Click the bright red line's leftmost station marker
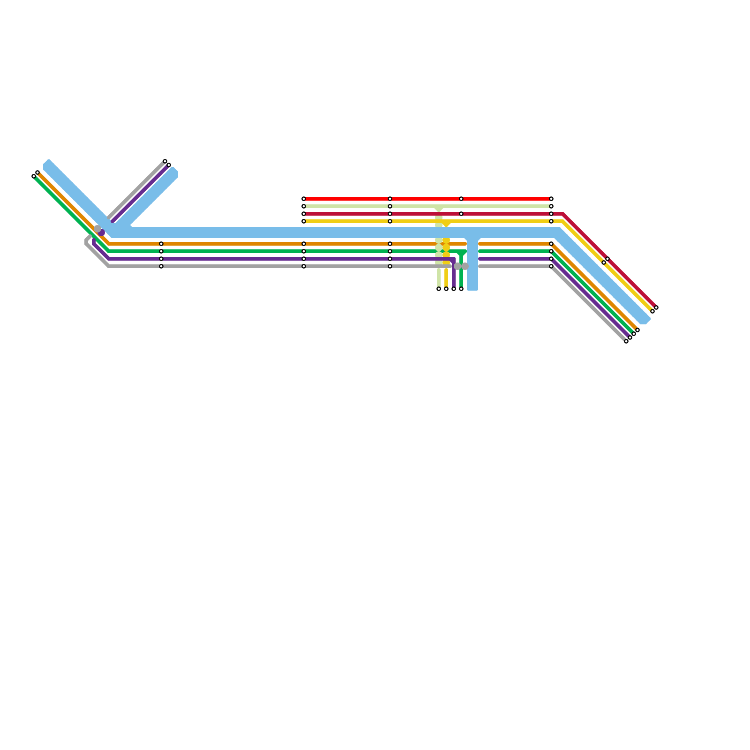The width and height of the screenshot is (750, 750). [304, 199]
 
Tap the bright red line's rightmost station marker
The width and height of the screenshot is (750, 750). [551, 199]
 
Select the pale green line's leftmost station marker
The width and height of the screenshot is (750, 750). [304, 206]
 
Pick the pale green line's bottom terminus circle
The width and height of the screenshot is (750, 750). [439, 289]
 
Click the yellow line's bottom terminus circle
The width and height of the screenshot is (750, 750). [446, 289]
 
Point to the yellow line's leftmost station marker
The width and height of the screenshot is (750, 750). [304, 221]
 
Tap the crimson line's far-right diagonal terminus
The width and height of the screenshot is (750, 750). [656, 307]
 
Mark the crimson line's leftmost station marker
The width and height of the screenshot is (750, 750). [304, 214]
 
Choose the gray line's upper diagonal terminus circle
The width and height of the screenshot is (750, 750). [165, 161]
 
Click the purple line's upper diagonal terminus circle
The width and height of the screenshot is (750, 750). [169, 165]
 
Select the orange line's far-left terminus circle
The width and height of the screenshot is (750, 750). [37, 172]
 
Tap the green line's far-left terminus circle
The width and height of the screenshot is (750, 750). [34, 176]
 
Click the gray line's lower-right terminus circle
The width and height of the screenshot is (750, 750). [626, 341]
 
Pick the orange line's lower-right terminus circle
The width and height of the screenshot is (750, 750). [637, 330]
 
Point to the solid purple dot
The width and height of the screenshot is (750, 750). [101, 232]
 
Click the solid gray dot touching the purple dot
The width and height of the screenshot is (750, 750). [97, 229]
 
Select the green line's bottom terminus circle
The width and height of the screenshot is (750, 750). [461, 289]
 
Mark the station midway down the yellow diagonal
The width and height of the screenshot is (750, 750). [604, 262]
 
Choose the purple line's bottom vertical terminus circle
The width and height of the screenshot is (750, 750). [454, 289]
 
